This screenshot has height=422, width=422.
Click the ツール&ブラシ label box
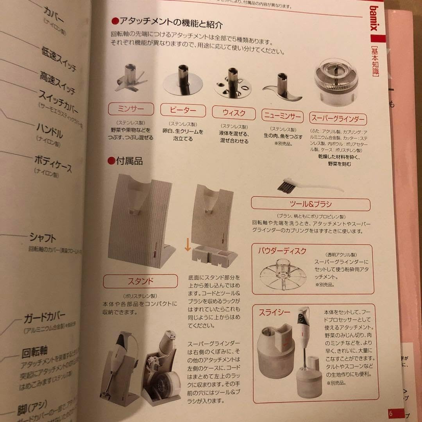(x=311, y=204)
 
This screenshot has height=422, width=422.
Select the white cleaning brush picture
(x=309, y=186)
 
